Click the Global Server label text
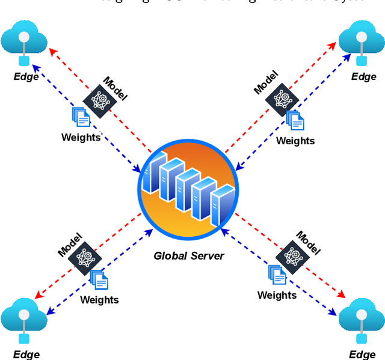pos(188,255)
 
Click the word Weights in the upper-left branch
pos(81,137)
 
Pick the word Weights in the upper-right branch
pos(295,141)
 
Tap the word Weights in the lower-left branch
pos(99,299)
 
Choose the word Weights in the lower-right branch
pos(277,295)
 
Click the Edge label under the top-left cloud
pos(26,76)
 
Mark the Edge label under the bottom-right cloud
pos(363,354)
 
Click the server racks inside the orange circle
pos(187,186)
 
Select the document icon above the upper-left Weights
pos(81,117)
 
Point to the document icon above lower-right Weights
pos(277,275)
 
